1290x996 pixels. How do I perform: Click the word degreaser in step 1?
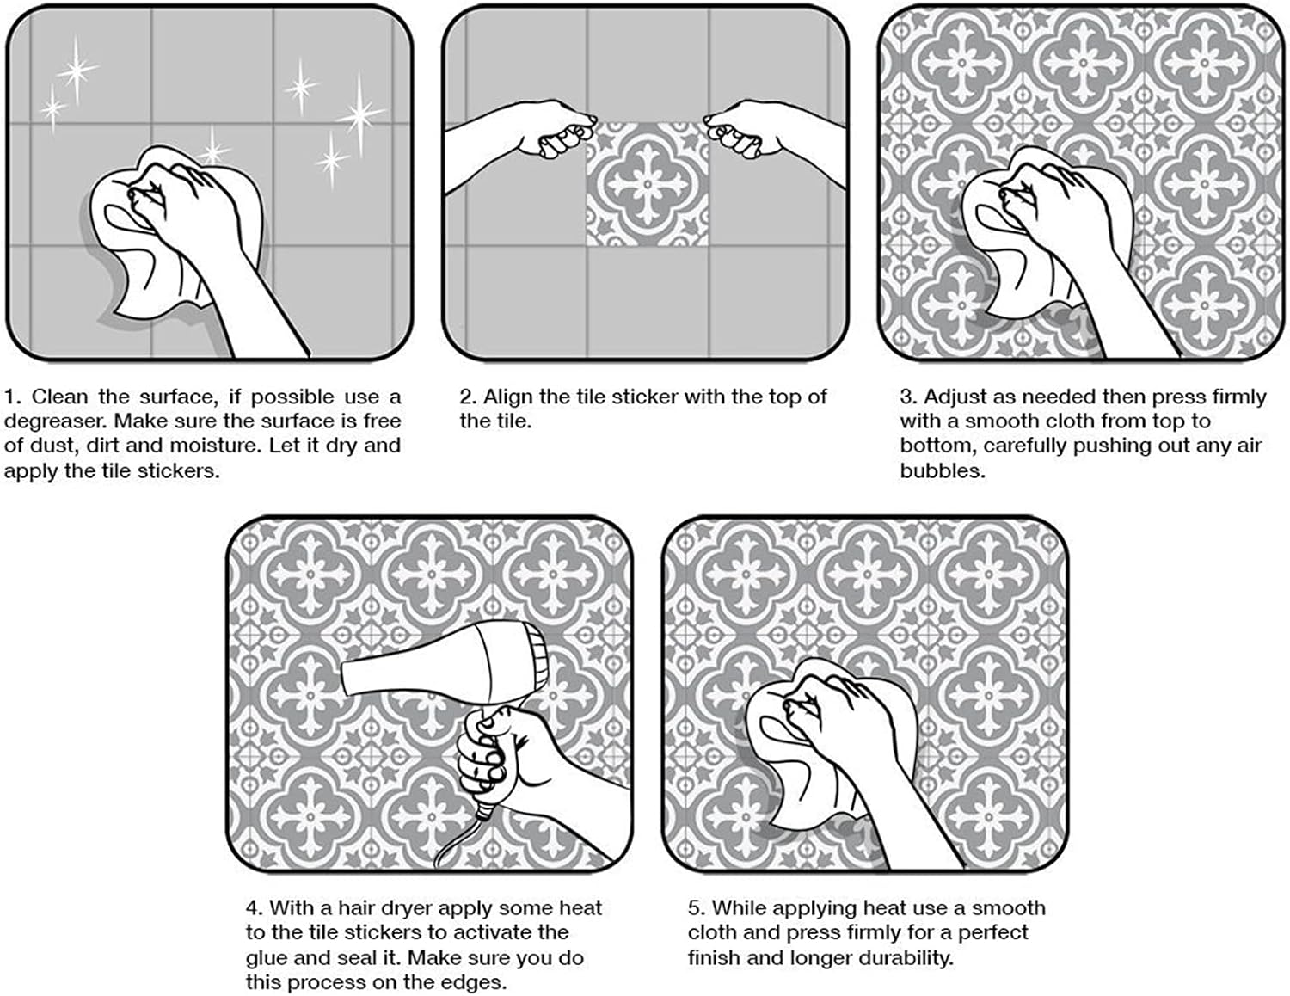(54, 421)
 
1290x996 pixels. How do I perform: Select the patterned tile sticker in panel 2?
(647, 185)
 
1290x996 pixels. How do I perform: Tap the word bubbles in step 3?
(942, 470)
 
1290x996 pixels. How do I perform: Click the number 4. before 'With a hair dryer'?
(254, 908)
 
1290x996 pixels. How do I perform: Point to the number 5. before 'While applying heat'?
(697, 908)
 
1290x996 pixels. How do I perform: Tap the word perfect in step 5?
(992, 933)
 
